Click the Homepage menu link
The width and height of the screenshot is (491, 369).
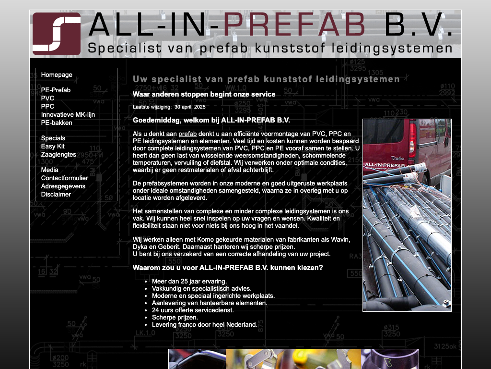57,74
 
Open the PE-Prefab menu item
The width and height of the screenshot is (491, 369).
56,90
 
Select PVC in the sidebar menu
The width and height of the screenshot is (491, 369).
47,98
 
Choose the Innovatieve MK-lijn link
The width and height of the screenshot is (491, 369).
68,114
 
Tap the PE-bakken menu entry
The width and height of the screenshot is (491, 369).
57,123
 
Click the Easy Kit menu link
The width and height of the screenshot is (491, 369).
53,146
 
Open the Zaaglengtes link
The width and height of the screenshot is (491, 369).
58,154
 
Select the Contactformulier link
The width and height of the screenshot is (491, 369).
65,178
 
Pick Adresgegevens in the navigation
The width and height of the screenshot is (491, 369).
63,186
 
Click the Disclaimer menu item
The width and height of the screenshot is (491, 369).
56,194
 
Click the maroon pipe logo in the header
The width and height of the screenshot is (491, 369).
57,34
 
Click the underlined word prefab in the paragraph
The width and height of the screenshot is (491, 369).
187,134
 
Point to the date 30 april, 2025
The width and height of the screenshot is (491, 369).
190,107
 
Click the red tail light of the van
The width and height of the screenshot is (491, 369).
413,140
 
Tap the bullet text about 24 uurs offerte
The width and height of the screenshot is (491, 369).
193,310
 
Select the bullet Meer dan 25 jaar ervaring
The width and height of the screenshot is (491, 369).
189,281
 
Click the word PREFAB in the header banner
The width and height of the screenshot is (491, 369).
294,25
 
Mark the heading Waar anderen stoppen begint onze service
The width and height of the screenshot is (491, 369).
204,94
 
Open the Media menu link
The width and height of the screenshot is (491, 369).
50,170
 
